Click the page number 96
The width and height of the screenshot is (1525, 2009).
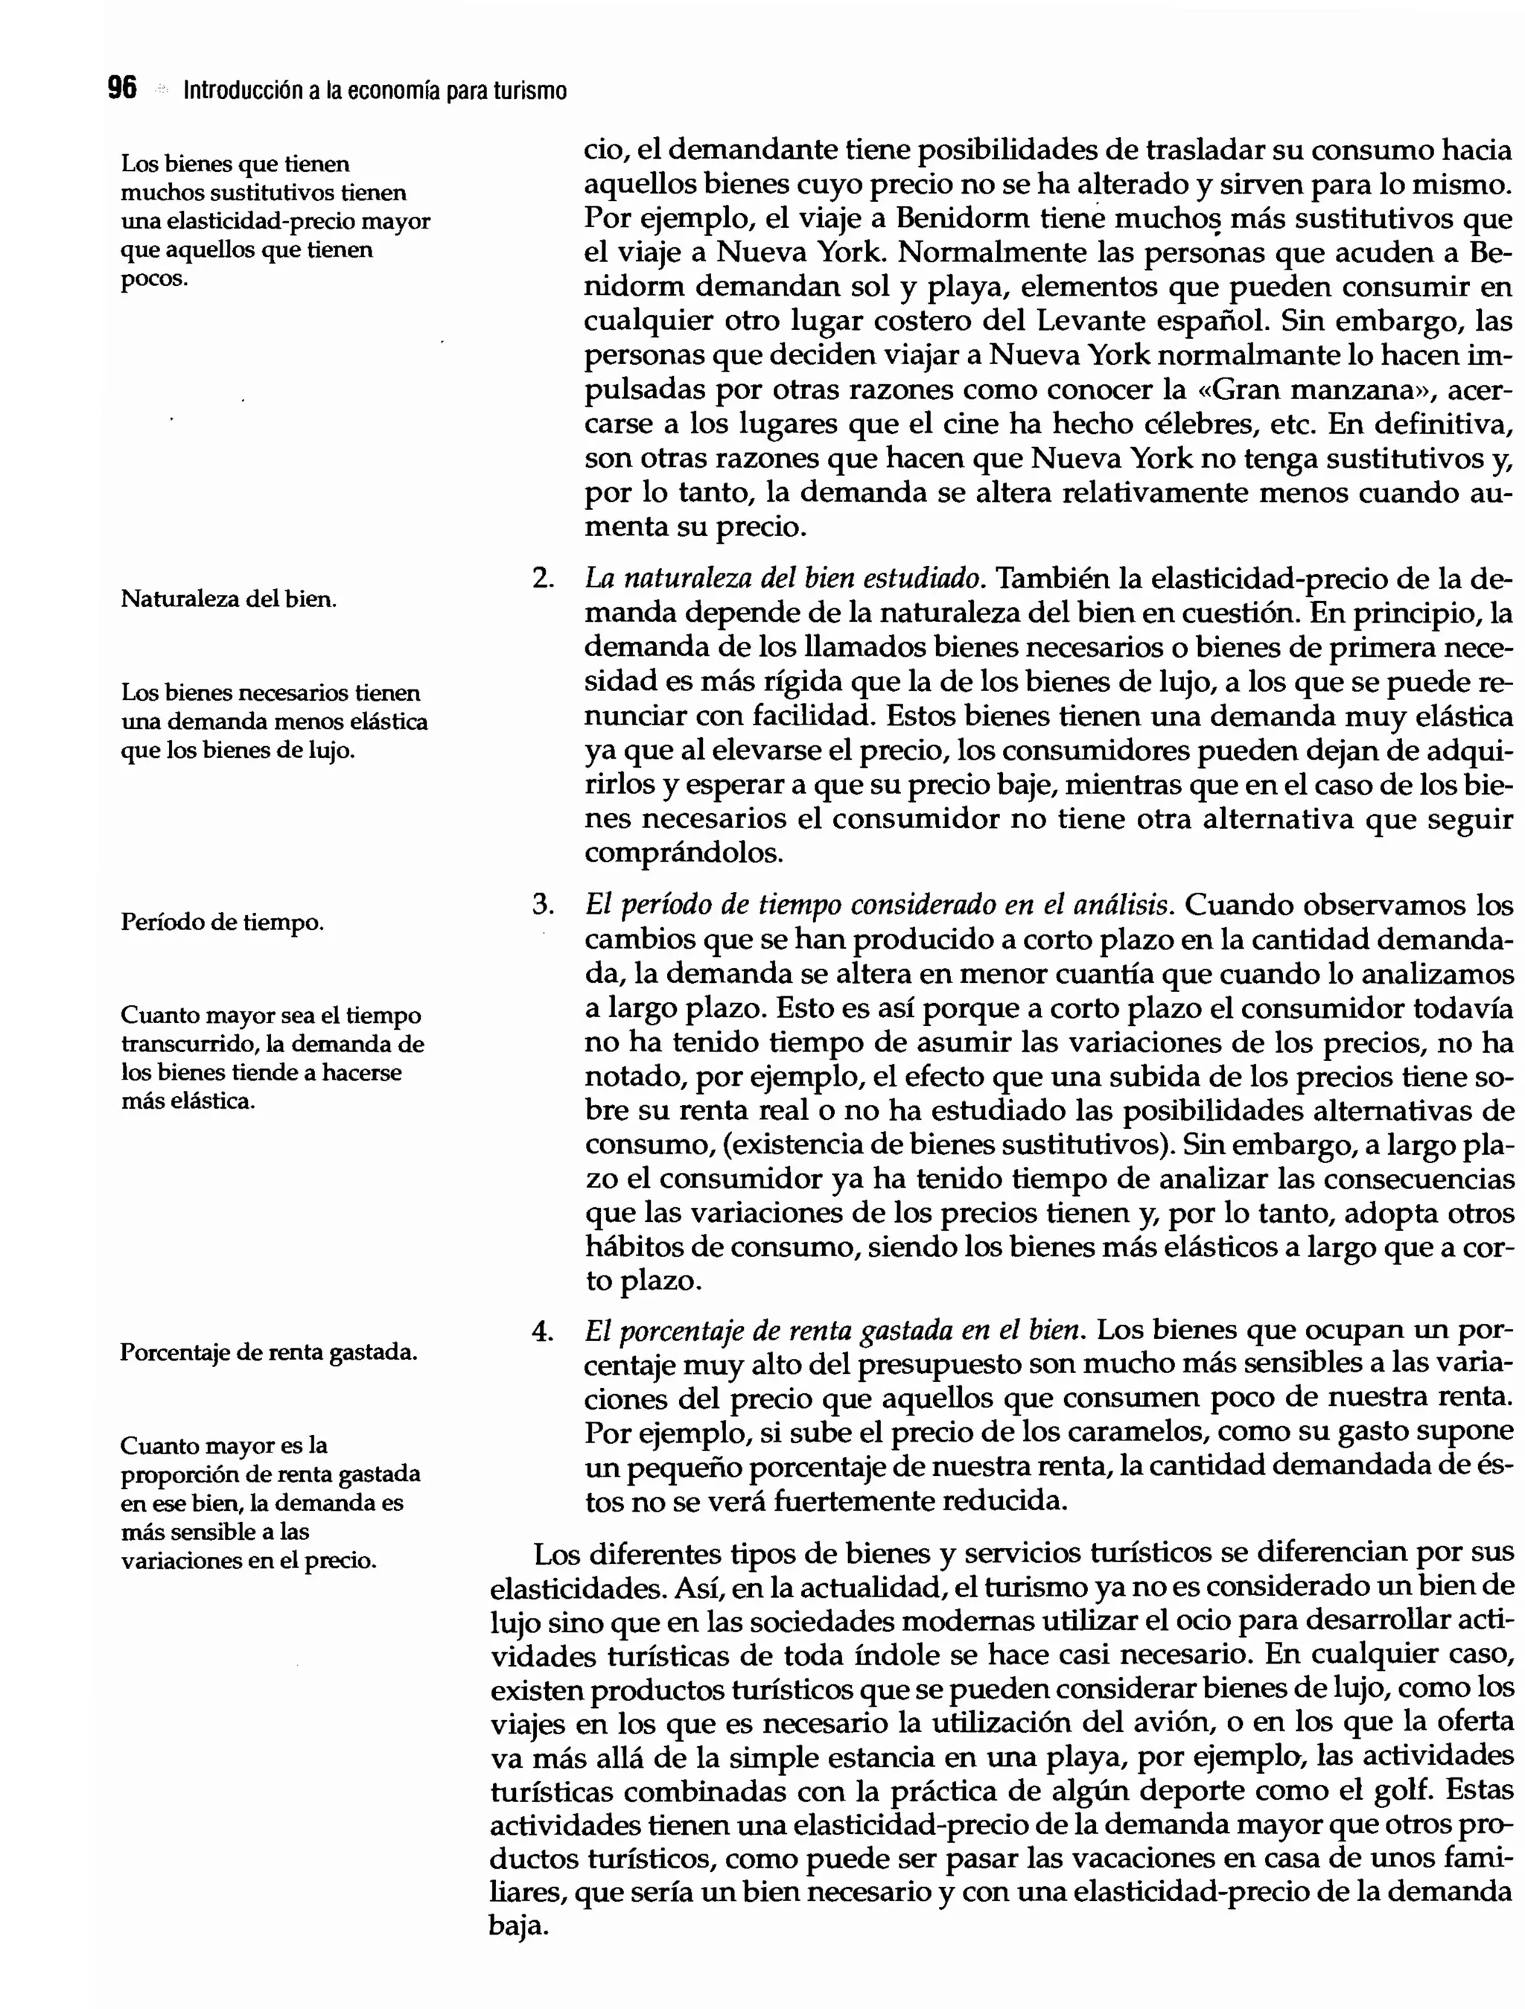(121, 88)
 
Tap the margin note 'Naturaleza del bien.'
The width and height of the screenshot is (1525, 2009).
(228, 599)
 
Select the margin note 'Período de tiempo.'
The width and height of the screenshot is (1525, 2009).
(222, 923)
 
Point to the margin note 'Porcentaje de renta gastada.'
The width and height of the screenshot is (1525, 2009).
(268, 1352)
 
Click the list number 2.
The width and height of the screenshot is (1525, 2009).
(542, 579)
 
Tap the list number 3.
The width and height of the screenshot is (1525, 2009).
(542, 905)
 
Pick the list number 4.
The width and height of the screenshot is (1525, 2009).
(542, 1331)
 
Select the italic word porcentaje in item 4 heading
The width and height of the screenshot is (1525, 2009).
(678, 1332)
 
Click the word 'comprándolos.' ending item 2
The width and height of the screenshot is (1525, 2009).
(683, 854)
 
